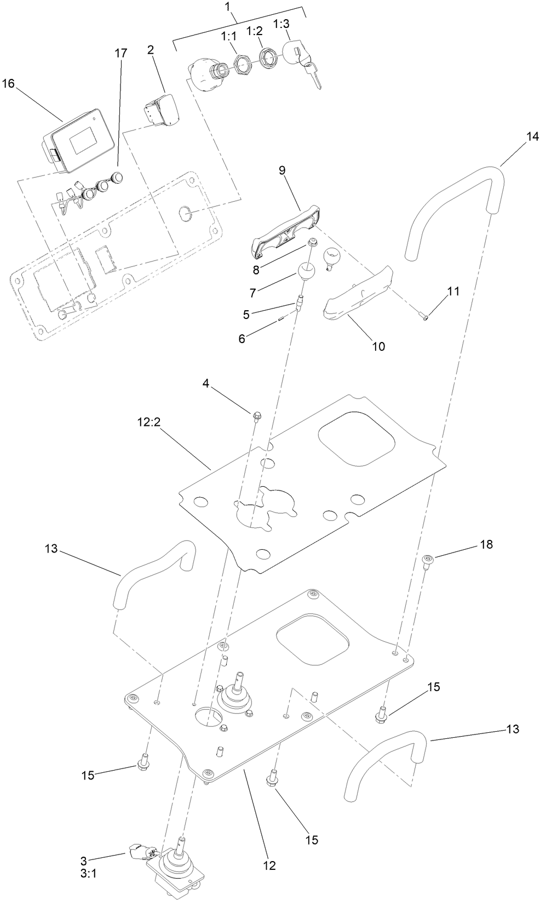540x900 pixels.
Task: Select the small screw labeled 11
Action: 426,314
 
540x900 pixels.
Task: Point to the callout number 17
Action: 120,53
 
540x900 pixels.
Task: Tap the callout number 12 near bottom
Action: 269,865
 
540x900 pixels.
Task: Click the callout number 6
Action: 242,338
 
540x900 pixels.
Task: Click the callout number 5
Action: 246,314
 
